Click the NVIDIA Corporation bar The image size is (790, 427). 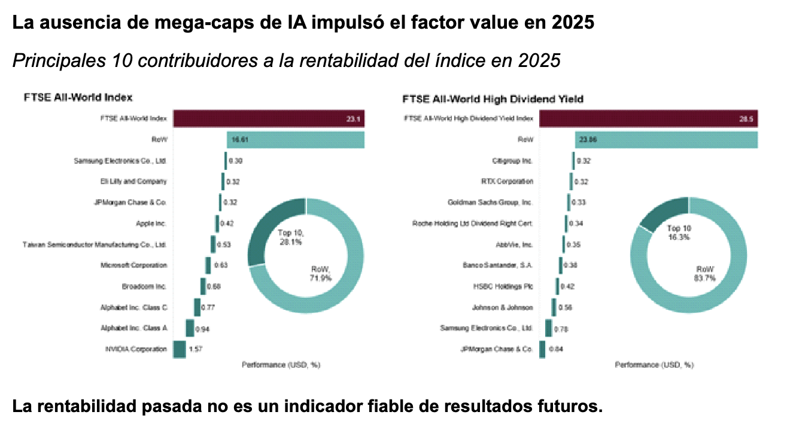[179, 349]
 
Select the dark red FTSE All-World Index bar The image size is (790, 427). [269, 118]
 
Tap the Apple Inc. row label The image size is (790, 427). [151, 224]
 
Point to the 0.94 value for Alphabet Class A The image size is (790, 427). [202, 328]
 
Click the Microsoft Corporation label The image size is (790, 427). [133, 266]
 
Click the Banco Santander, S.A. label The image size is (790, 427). [497, 266]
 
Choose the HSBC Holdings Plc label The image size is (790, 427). [503, 286]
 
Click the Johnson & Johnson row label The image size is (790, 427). [502, 307]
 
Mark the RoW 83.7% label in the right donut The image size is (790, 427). [705, 273]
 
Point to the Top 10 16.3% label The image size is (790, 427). [679, 233]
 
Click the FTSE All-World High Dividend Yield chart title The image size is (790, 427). [493, 97]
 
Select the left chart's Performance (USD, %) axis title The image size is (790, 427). [281, 365]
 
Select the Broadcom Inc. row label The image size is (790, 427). [144, 286]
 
